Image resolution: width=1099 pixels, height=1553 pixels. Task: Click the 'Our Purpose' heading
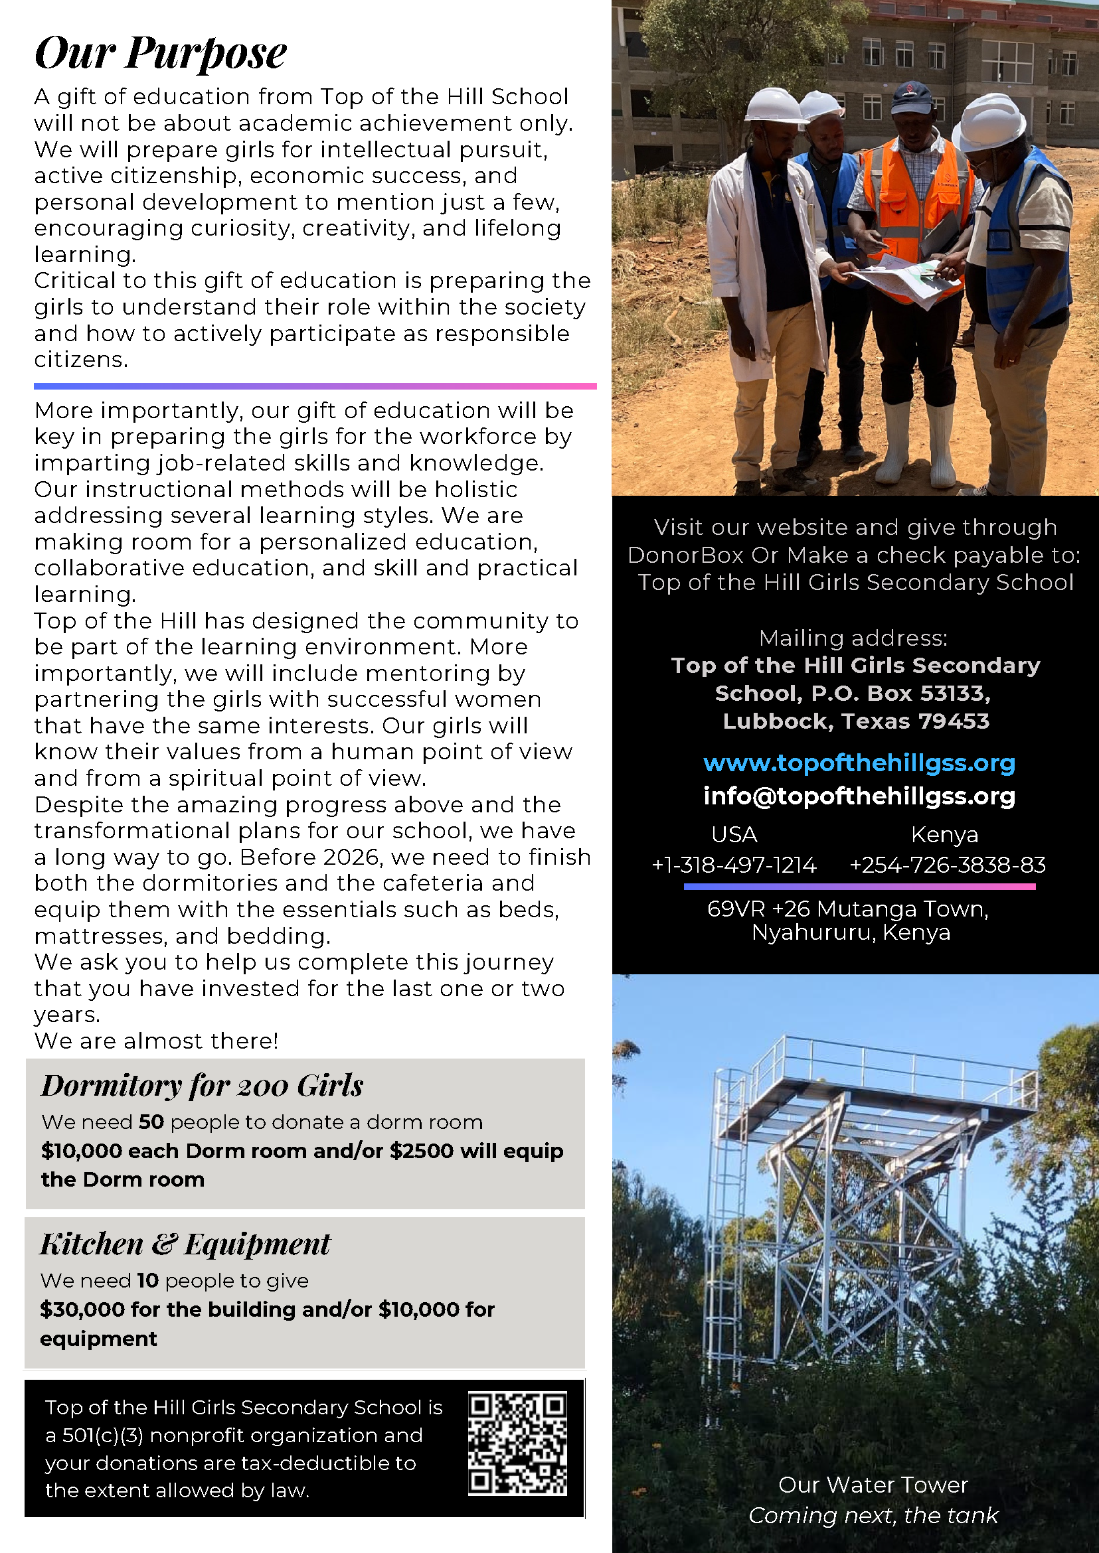pyautogui.click(x=161, y=52)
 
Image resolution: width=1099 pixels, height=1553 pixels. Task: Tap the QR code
pyautogui.click(x=518, y=1443)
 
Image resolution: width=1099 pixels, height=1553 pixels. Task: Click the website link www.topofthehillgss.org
pyautogui.click(x=859, y=763)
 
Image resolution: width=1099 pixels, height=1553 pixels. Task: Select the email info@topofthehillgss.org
pyautogui.click(x=859, y=796)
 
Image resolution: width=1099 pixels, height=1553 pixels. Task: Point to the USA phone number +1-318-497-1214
pyautogui.click(x=734, y=865)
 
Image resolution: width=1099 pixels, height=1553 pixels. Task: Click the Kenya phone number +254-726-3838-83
pyautogui.click(x=948, y=865)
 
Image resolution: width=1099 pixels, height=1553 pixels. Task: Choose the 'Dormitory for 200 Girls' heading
pyautogui.click(x=203, y=1086)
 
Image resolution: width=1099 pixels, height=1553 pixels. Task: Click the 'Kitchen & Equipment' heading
pyautogui.click(x=185, y=1244)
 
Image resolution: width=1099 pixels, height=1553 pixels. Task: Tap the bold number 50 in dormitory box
pyautogui.click(x=151, y=1122)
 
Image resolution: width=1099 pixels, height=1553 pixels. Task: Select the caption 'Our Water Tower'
pyautogui.click(x=873, y=1485)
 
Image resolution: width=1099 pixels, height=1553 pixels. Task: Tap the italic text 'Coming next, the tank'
pyautogui.click(x=873, y=1516)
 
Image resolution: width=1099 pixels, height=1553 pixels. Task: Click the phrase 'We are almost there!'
pyautogui.click(x=156, y=1041)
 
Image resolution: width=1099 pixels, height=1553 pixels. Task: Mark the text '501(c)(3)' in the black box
pyautogui.click(x=103, y=1436)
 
